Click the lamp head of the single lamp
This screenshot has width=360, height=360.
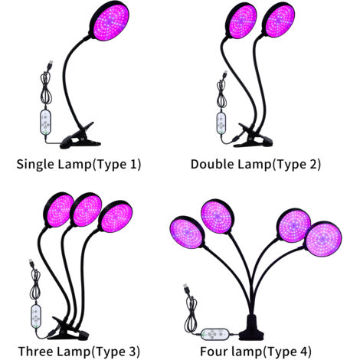(109, 22)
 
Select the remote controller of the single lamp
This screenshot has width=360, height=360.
(45, 123)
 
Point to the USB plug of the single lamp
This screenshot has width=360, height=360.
(50, 64)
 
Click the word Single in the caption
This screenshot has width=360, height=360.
(35, 164)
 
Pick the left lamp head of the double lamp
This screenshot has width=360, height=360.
(241, 21)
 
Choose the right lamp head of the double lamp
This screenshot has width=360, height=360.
(278, 21)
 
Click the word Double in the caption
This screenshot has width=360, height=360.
(212, 164)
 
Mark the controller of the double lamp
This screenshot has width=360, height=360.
(221, 123)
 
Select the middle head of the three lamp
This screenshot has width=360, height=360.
(86, 210)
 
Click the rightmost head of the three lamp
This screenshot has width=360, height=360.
(116, 216)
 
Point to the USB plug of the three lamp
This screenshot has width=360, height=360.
(31, 263)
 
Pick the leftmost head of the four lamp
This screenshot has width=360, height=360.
(187, 233)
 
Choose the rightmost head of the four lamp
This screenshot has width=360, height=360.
(322, 239)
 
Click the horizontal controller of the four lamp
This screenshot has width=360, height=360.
(215, 334)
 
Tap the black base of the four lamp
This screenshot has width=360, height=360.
(251, 328)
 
